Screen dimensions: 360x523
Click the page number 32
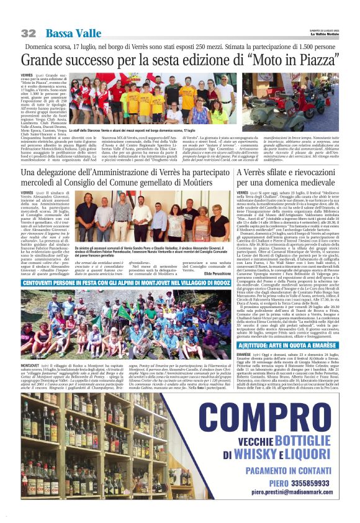28,33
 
